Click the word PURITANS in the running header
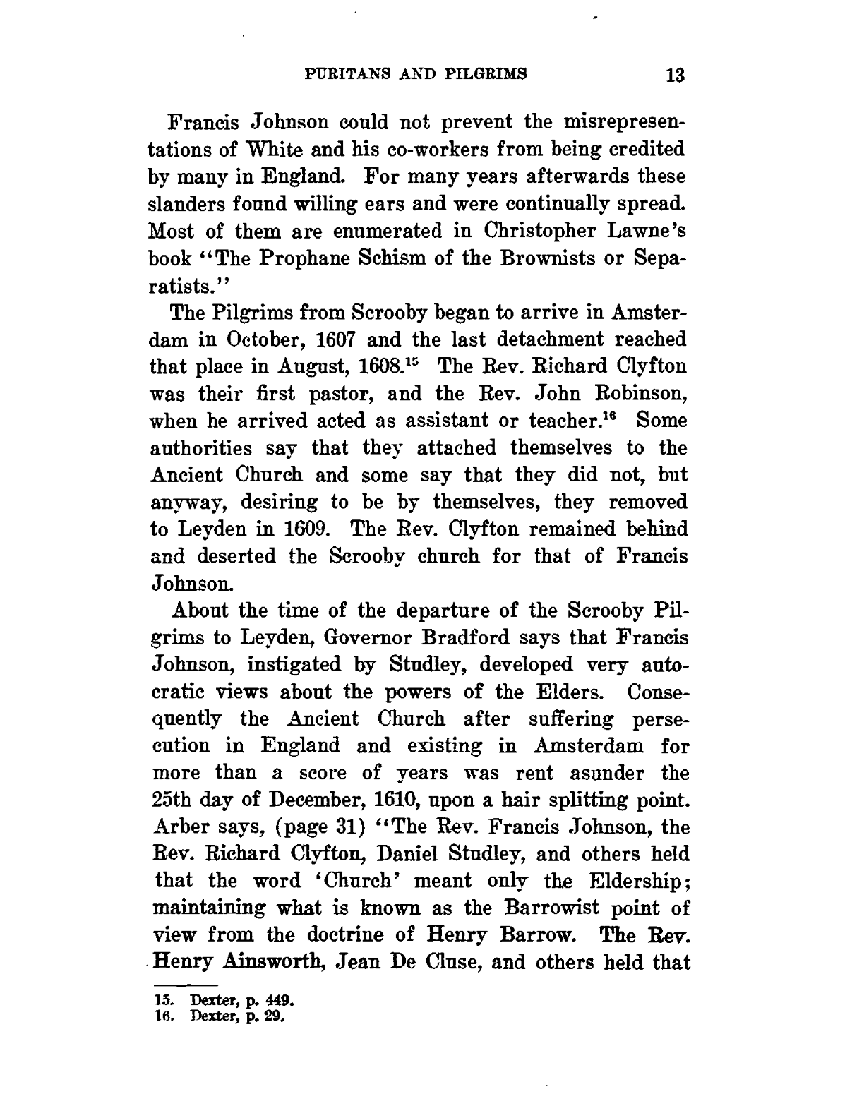[334, 73]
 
